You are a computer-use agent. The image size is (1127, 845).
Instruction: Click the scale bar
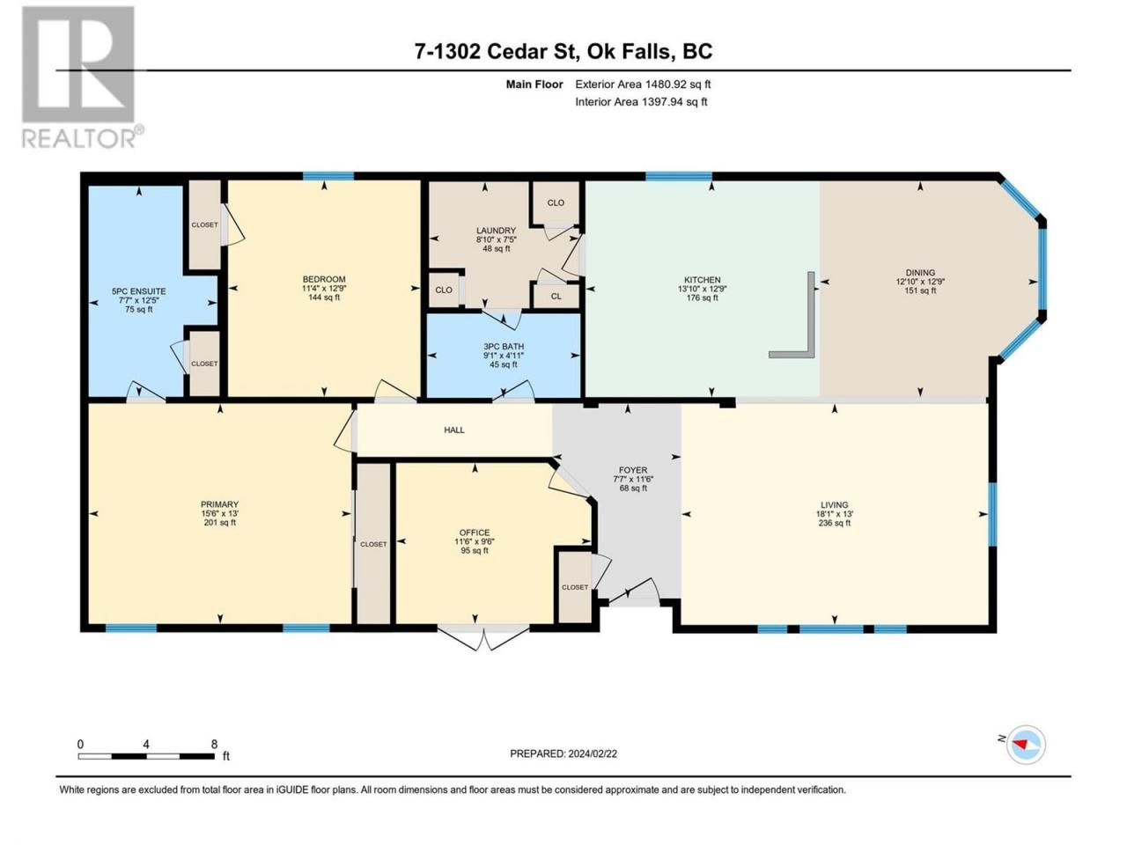146,756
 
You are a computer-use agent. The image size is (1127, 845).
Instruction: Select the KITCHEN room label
702,280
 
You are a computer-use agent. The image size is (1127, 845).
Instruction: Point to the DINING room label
920,273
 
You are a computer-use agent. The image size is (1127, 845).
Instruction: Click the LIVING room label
835,504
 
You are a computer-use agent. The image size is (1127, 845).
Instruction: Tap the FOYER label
633,469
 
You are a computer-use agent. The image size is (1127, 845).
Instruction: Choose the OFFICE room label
475,533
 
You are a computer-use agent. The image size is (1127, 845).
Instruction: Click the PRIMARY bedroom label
220,503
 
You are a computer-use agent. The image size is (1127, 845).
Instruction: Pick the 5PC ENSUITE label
138,290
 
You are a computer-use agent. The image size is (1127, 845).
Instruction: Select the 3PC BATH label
503,346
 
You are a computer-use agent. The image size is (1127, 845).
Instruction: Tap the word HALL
453,430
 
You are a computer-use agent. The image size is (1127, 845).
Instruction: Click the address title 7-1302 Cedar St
498,51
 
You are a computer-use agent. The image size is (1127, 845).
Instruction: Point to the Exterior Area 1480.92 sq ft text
643,84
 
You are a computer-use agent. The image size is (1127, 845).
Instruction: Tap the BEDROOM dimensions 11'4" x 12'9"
324,289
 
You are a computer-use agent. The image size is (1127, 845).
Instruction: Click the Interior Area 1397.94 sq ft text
641,101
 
